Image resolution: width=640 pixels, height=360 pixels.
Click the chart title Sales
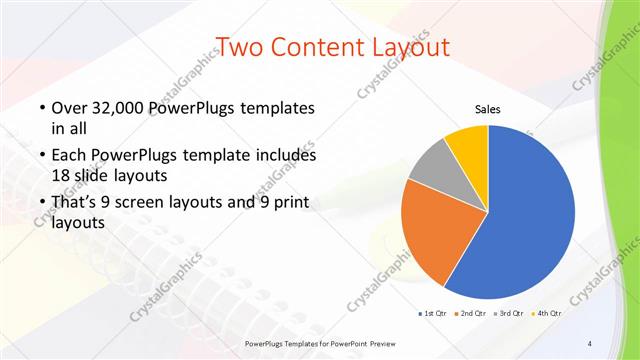tap(487, 109)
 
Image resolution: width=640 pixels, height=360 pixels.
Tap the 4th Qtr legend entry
tap(547, 313)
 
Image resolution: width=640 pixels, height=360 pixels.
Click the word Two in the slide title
tap(241, 47)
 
